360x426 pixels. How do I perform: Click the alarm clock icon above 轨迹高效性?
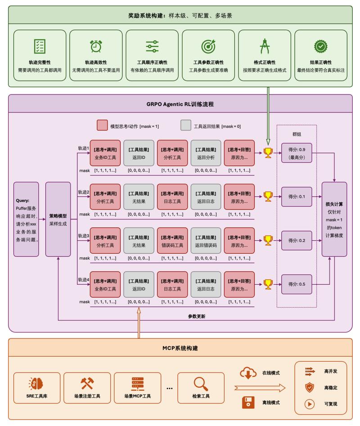96,46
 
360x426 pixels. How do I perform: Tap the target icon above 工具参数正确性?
208,46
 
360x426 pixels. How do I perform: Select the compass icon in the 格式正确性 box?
264,46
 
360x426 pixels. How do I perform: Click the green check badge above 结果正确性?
320,46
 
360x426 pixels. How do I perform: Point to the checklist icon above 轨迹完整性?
40,46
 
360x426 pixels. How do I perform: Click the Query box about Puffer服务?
26,219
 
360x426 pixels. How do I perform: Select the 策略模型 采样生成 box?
58,219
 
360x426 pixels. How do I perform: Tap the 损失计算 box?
334,219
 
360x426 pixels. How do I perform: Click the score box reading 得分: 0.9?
297,153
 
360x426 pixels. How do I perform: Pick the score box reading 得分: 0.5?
297,284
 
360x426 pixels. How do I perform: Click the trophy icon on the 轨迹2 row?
268,197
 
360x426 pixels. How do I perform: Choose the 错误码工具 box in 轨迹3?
172,241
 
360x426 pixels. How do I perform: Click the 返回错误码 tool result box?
206,241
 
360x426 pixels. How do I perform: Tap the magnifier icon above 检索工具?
201,384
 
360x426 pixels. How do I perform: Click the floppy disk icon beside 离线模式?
248,403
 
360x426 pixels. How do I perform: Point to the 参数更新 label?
197,316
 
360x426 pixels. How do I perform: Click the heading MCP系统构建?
180,348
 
